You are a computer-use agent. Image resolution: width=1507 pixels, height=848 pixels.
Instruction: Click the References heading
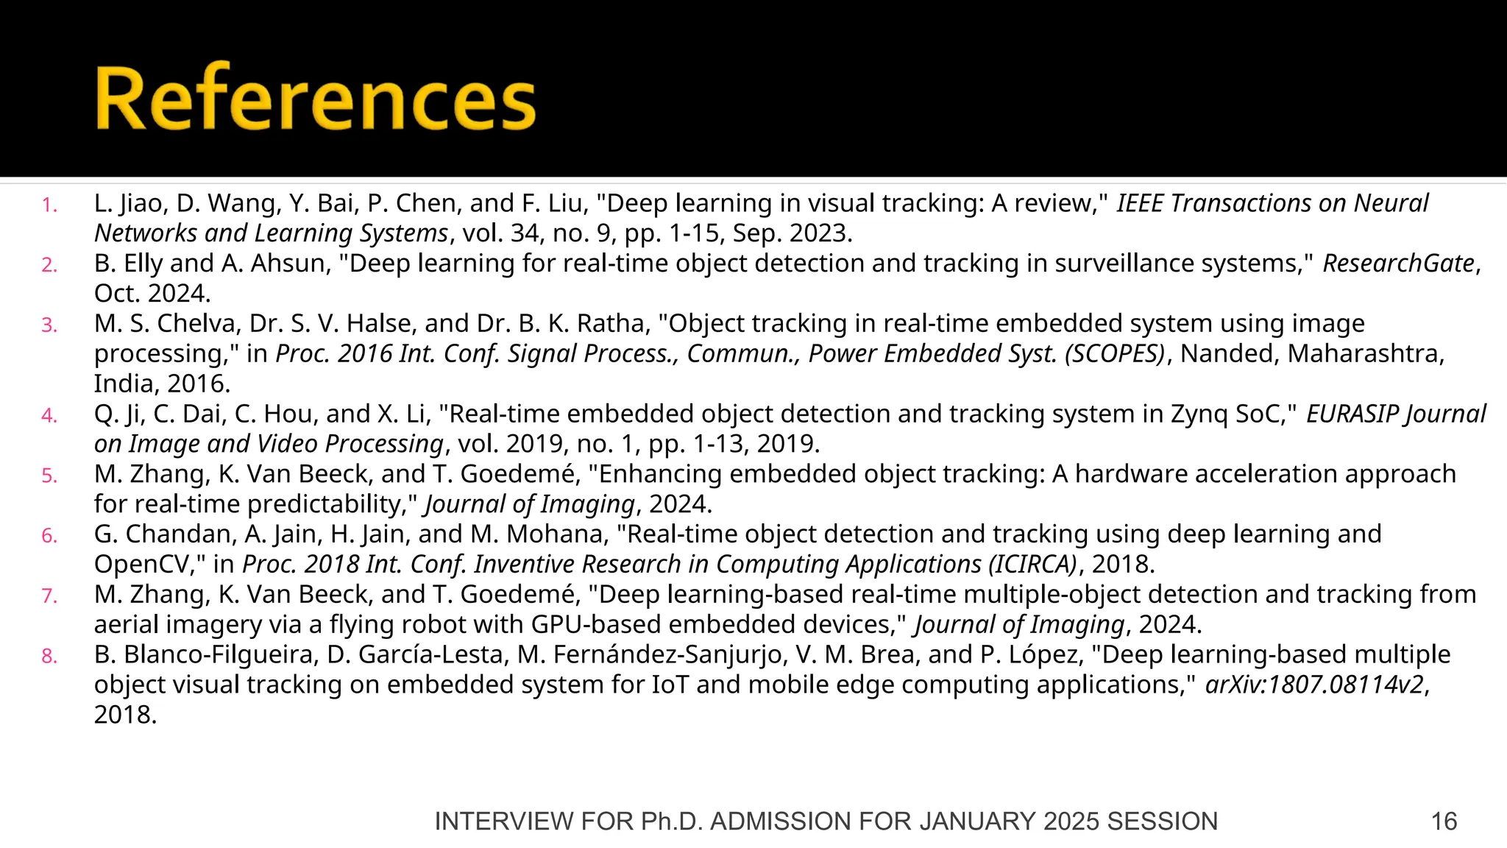[x=315, y=99]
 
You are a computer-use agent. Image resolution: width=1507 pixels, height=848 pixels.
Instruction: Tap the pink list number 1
[x=49, y=205]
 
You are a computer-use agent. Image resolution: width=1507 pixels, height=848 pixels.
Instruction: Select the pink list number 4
[x=49, y=417]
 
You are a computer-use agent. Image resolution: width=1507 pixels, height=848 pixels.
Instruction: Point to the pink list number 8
[x=49, y=657]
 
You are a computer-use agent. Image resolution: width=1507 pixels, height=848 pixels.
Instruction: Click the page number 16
[x=1444, y=821]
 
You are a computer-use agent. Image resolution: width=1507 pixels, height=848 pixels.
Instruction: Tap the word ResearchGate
[x=1398, y=264]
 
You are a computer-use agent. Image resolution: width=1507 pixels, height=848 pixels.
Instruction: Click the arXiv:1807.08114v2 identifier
[x=1315, y=685]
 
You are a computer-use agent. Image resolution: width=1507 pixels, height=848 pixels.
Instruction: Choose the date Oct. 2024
[x=152, y=294]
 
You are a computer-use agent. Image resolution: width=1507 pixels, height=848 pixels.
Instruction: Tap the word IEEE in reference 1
[x=1140, y=203]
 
